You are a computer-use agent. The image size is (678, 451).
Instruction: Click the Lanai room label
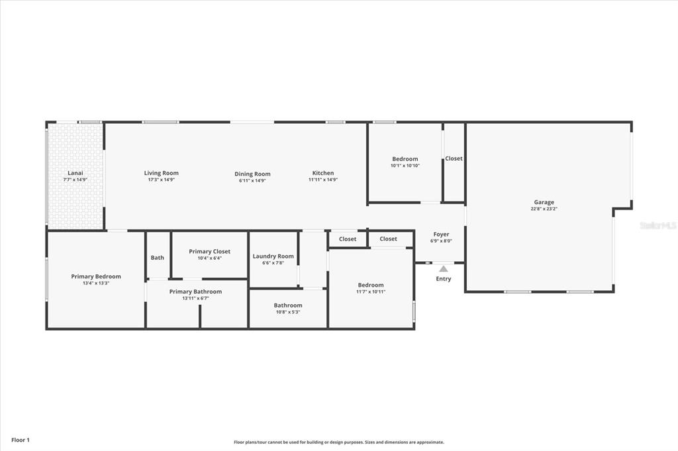click(x=75, y=173)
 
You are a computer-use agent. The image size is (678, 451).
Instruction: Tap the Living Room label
click(x=162, y=173)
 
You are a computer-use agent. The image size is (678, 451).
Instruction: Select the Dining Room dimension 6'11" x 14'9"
click(x=252, y=181)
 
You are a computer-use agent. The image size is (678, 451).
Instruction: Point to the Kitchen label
click(x=323, y=173)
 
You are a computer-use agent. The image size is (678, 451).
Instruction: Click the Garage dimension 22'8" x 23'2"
click(x=544, y=209)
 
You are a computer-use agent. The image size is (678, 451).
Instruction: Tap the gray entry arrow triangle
click(x=444, y=268)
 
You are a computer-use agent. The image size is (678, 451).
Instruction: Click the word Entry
click(x=444, y=279)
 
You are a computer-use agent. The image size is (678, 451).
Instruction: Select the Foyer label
click(x=441, y=235)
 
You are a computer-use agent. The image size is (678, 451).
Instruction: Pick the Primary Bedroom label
click(x=96, y=276)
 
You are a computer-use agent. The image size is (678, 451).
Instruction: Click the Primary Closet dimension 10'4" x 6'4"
click(x=210, y=259)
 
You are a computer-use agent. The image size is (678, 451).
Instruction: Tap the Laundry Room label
click(x=273, y=256)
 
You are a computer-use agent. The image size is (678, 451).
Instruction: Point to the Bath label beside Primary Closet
click(x=158, y=258)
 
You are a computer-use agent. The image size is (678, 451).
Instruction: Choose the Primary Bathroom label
click(x=195, y=292)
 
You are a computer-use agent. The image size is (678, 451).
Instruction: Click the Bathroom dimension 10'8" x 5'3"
click(x=288, y=312)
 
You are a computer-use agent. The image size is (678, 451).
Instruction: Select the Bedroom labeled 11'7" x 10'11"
click(x=371, y=285)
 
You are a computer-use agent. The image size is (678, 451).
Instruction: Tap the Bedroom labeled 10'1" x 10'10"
click(x=405, y=159)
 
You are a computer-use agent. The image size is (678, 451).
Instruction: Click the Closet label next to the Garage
click(x=454, y=159)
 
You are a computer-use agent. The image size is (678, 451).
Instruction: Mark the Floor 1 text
click(x=21, y=440)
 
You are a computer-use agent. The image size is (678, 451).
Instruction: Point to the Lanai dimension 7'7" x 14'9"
click(x=75, y=180)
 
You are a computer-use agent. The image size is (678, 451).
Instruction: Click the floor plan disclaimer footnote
click(x=339, y=442)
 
